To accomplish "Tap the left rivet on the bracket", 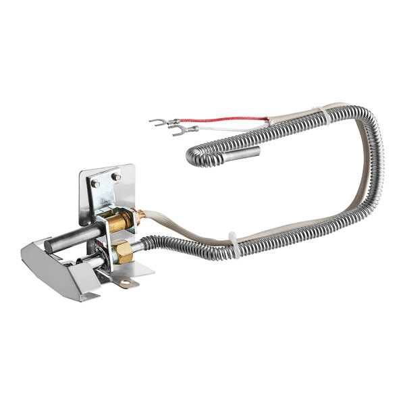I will tap(95, 183).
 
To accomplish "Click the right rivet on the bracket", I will tap(115, 177).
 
